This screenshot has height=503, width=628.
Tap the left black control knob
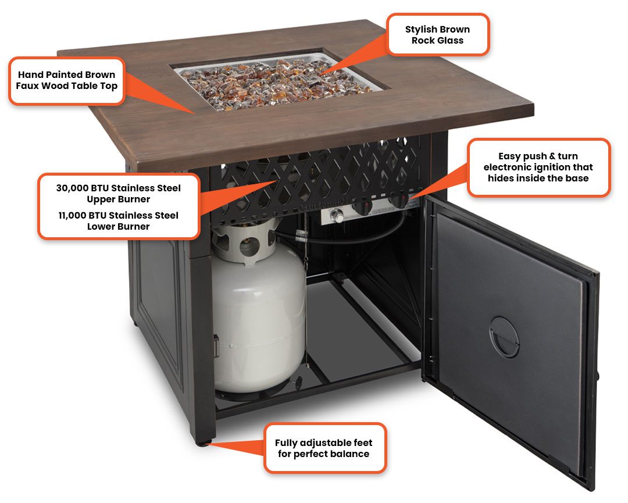(x=362, y=207)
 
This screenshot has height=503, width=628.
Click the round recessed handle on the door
(x=504, y=337)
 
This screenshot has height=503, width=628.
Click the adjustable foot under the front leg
(x=204, y=443)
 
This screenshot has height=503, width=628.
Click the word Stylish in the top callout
(x=421, y=30)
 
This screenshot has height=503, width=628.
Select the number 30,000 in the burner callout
(x=72, y=188)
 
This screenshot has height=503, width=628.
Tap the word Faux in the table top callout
(x=27, y=85)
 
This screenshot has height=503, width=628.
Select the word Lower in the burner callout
(x=100, y=227)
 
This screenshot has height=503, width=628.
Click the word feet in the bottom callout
(x=362, y=443)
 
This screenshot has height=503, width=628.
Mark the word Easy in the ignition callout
(x=511, y=156)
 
